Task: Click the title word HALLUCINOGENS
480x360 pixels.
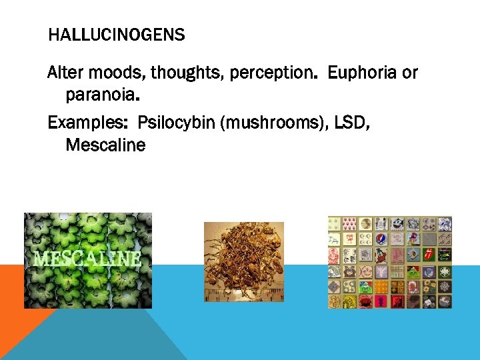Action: (117, 35)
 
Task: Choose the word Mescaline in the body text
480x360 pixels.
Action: (105, 145)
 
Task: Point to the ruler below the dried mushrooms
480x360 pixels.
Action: (243, 294)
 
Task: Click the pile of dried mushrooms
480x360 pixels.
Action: (243, 260)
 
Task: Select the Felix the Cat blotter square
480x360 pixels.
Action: (398, 224)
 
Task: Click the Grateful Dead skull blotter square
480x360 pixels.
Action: (382, 239)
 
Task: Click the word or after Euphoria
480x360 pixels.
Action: (409, 73)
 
